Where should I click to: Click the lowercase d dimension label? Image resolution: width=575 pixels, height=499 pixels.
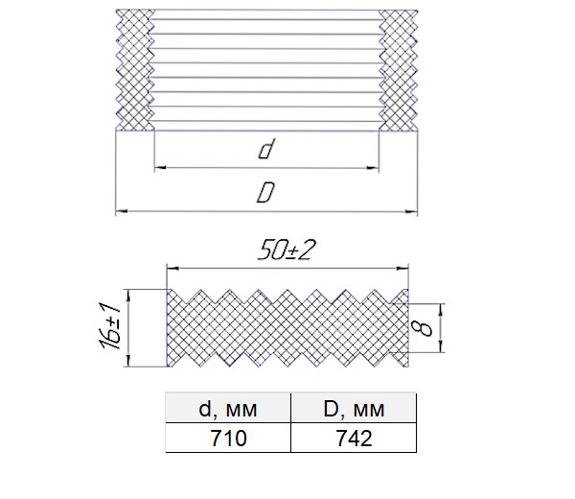coord(266,149)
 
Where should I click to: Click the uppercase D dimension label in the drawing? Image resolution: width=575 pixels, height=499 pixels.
coord(265,193)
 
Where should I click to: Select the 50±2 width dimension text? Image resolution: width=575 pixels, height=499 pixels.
coord(287,250)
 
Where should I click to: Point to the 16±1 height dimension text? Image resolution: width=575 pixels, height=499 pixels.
coord(109,326)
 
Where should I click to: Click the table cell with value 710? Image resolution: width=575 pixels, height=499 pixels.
coord(228,438)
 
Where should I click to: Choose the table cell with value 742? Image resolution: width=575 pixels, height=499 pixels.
coord(354,438)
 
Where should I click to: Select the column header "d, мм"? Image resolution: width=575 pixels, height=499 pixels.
coord(228,408)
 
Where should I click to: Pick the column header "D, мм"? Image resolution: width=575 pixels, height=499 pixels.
coord(354,408)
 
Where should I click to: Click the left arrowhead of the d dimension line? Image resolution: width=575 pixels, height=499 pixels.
coord(159,168)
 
